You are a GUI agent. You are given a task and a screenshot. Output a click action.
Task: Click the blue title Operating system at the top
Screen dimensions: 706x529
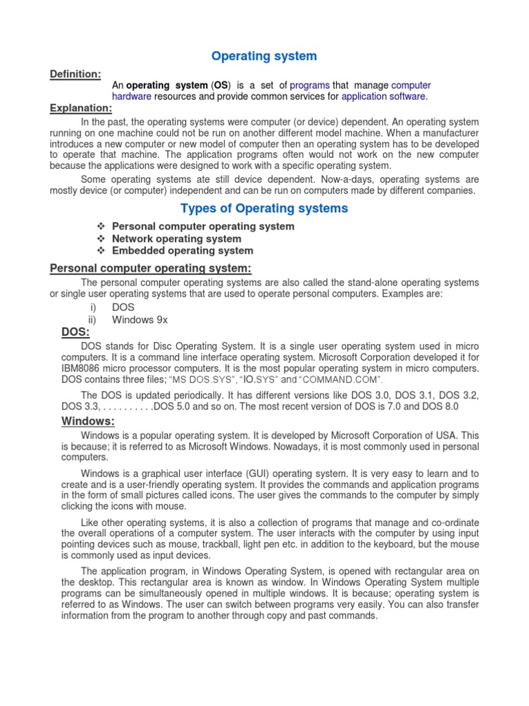[x=264, y=56]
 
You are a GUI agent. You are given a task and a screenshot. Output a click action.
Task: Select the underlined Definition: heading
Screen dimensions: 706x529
[x=75, y=74]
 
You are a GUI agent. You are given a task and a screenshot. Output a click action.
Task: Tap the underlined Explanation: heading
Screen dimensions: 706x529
[x=81, y=108]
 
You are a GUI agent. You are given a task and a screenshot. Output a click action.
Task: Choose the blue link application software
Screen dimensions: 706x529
[x=383, y=97]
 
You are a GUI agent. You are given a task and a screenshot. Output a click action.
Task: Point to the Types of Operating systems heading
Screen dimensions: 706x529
[x=264, y=208]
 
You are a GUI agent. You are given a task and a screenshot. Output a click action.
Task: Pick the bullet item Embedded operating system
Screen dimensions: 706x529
[x=183, y=251]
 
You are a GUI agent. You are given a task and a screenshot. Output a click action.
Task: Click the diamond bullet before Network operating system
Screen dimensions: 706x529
[x=101, y=239]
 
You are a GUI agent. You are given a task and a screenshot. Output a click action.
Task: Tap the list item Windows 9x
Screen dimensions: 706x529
[x=140, y=320]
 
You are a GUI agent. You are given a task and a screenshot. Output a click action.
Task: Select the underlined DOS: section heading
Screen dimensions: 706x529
[x=75, y=332]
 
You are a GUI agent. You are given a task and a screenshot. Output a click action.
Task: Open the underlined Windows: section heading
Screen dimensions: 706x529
[x=87, y=421]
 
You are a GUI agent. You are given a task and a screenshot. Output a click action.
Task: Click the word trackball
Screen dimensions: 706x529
[x=185, y=544]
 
